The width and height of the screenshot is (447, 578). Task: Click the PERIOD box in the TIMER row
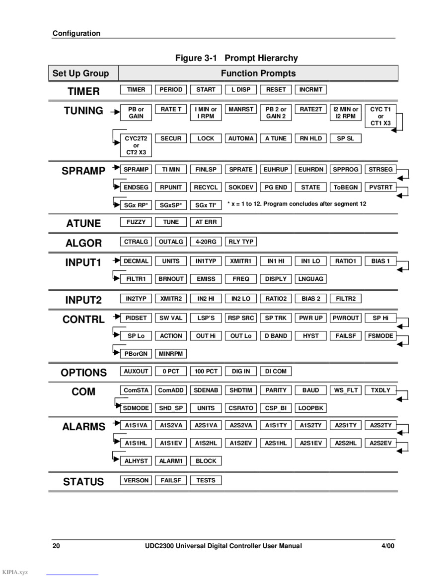[171, 90]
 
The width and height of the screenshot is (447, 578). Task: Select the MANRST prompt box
[241, 109]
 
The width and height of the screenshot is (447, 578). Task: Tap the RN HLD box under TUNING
[310, 138]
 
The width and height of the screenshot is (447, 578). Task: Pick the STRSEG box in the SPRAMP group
[380, 169]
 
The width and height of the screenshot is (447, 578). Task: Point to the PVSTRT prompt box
[380, 187]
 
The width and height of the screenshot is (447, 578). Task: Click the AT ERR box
[206, 222]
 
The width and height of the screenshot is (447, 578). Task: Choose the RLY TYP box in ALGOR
[241, 242]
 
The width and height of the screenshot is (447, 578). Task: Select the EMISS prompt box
[206, 279]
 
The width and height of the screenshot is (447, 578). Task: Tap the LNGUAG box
[310, 279]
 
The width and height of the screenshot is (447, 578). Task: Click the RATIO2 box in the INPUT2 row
[276, 298]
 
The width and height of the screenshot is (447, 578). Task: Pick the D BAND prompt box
[276, 336]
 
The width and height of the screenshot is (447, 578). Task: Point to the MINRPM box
[171, 354]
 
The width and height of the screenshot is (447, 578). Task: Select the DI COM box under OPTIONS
[276, 371]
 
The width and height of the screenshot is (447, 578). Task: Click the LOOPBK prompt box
[310, 408]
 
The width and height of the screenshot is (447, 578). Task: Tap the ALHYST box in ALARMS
[136, 461]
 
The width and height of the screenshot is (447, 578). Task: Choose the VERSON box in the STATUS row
[136, 480]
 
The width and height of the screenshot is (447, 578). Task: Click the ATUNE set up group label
[83, 223]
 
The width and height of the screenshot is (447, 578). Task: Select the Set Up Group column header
[80, 73]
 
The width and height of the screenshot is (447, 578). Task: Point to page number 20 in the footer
[56, 546]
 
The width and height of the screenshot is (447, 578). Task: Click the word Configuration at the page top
[76, 33]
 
